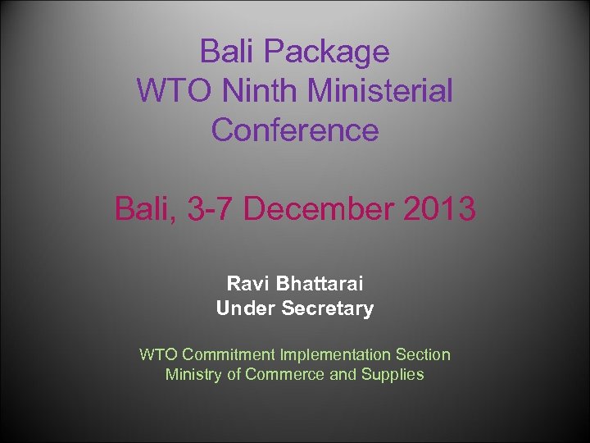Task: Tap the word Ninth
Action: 265,91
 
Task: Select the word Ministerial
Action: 383,91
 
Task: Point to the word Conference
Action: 295,130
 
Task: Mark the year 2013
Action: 439,209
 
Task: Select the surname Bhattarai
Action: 320,284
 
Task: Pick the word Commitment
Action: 229,354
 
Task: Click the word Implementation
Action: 336,354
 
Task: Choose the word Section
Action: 423,354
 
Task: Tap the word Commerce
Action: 284,375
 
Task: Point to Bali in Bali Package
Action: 229,53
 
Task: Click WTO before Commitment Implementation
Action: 159,354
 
